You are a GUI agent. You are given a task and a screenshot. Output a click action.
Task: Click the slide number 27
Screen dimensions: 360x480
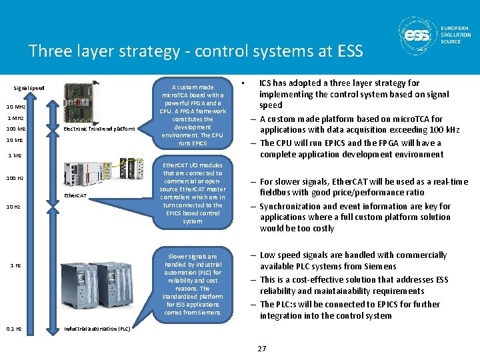(x=262, y=349)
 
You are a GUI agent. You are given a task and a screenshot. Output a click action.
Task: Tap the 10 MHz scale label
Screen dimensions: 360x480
(x=16, y=107)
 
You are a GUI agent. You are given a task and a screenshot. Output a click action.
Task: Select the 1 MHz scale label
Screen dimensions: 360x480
(x=15, y=117)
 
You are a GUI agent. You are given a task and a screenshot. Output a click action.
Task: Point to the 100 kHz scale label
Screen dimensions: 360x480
(x=16, y=128)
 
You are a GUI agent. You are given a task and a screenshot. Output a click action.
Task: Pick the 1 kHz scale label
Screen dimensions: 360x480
(x=15, y=156)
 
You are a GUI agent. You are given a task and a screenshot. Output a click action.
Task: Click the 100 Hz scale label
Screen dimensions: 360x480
(x=15, y=178)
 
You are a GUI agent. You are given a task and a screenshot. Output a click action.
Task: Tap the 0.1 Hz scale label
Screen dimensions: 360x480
(x=14, y=329)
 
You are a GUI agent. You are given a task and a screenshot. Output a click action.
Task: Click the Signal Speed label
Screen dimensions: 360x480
(x=29, y=88)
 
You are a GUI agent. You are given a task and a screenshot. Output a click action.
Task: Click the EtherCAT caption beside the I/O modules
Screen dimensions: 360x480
(x=75, y=195)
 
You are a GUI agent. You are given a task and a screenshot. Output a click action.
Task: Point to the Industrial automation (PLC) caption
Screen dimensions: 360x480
(x=97, y=329)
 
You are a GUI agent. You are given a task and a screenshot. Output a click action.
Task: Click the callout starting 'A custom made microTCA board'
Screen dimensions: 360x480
(x=193, y=115)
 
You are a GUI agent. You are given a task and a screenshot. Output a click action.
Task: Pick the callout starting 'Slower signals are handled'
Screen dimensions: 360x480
(x=193, y=284)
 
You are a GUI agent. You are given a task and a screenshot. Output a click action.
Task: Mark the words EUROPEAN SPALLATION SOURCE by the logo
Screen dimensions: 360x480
(x=455, y=35)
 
